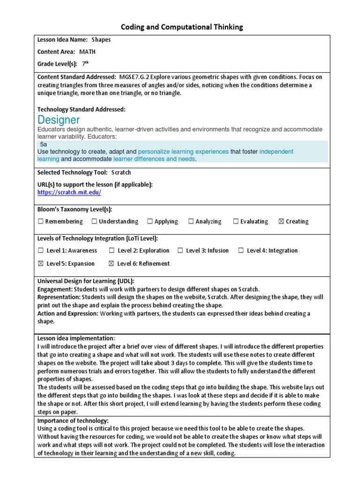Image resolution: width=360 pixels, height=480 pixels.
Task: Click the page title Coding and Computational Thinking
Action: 182,27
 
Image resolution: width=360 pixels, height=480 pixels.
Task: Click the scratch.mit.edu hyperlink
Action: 69,192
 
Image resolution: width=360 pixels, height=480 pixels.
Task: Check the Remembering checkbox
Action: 41,221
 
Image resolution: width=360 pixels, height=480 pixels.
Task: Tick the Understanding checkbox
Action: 94,221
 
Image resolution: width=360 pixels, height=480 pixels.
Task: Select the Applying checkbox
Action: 150,221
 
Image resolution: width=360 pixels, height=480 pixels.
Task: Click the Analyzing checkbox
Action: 191,221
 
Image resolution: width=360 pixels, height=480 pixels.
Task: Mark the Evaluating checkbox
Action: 236,221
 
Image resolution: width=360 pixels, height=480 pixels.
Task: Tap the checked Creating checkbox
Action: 281,221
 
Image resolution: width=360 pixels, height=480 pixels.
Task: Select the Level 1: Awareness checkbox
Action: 41,250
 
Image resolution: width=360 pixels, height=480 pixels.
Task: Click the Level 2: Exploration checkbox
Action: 112,250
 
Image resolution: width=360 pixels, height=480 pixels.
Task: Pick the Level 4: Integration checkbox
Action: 241,250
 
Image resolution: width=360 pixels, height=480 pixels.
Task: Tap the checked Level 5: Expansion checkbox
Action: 41,263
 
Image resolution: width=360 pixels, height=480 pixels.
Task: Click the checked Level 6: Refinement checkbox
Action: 112,263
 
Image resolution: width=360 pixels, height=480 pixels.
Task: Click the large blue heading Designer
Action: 58,120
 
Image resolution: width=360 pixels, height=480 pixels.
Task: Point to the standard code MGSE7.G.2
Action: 136,76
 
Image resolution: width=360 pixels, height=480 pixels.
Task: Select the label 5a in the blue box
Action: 44,145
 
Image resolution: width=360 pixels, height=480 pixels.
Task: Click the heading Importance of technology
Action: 73,420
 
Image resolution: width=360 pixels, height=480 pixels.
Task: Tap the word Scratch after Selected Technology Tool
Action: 121,172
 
